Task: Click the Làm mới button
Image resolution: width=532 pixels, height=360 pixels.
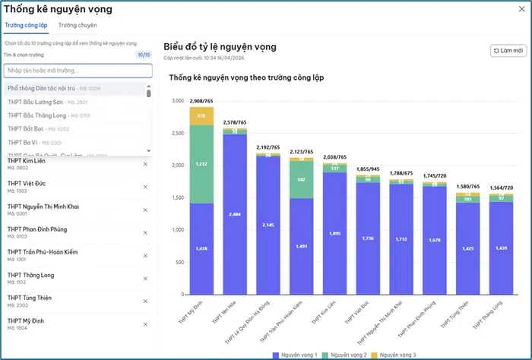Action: [508, 51]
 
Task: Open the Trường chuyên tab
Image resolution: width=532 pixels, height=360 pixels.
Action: [78, 25]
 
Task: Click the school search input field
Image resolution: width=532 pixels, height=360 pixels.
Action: [78, 71]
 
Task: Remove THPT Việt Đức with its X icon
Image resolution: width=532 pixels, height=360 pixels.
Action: [145, 185]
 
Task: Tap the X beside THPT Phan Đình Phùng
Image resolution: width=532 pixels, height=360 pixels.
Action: [145, 229]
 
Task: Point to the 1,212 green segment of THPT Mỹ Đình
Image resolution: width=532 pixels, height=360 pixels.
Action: [201, 163]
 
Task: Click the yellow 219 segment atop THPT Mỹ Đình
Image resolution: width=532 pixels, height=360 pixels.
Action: [201, 115]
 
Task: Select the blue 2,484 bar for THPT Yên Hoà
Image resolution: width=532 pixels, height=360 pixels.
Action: [235, 214]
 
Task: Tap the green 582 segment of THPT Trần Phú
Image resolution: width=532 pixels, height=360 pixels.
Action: [302, 179]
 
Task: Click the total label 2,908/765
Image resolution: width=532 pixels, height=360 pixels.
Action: [201, 101]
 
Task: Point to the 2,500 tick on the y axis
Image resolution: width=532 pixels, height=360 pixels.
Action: [177, 133]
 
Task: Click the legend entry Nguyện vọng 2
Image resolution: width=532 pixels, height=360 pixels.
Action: [347, 355]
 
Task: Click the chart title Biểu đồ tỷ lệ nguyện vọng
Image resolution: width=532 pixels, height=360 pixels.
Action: [220, 46]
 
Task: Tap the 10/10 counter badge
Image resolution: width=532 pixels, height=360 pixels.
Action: [143, 55]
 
